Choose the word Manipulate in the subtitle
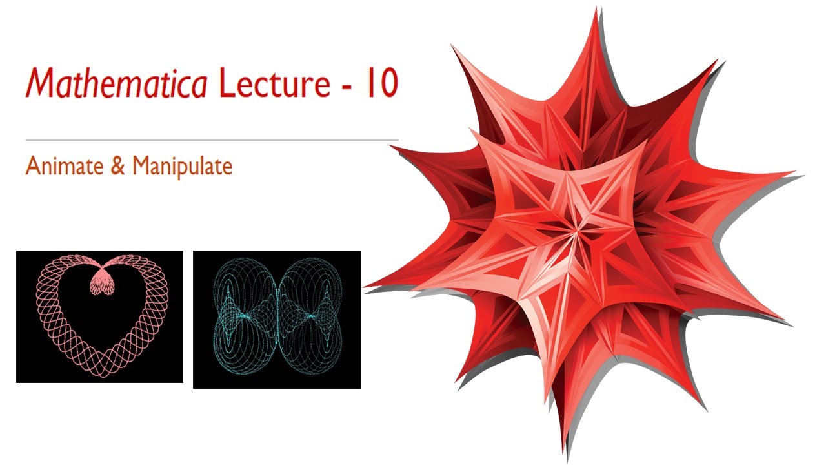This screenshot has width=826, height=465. click(x=182, y=167)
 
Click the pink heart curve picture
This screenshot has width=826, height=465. click(x=99, y=316)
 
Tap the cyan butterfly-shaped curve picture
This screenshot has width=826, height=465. click(x=277, y=320)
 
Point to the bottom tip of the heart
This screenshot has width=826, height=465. click(x=100, y=373)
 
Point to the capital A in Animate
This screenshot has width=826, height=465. click(x=32, y=167)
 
